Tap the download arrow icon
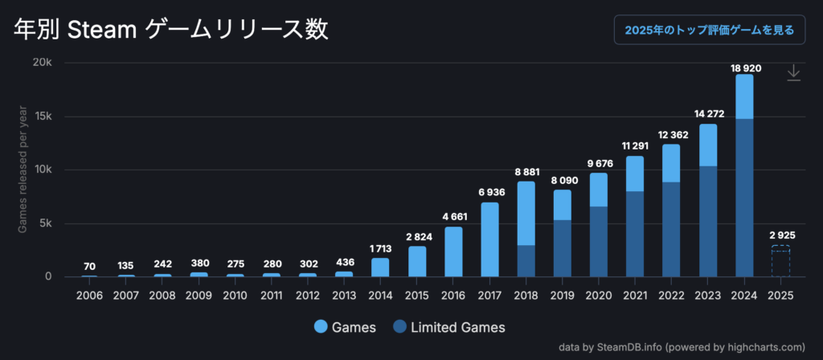[x=793, y=73]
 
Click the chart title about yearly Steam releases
[x=171, y=30]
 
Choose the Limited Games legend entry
[x=449, y=327]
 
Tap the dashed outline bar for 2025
[x=780, y=261]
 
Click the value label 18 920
[x=744, y=67]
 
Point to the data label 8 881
[x=525, y=172]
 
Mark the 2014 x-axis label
[x=380, y=296]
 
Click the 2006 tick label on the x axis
[x=88, y=296]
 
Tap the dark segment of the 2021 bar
[x=635, y=234]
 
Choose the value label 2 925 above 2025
[x=780, y=235]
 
